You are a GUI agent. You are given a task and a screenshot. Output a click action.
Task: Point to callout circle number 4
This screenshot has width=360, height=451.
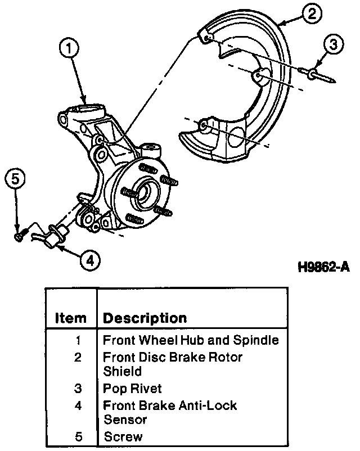point(90,260)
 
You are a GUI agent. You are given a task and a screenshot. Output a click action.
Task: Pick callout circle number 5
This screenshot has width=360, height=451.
point(16,179)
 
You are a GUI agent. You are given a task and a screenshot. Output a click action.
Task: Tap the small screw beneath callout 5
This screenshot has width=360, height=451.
point(19,236)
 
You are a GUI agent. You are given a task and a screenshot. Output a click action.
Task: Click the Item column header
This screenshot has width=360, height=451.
point(71,318)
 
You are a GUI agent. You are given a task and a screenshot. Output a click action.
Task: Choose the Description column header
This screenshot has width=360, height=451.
point(145,318)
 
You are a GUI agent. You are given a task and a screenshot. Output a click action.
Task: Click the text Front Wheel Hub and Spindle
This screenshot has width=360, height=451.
point(191,340)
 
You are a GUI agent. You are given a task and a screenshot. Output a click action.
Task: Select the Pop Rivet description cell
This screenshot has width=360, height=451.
point(132,389)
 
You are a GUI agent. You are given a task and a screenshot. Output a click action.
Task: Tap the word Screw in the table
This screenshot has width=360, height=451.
point(123,436)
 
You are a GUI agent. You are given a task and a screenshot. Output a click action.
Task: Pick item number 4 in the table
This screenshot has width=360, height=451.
point(78,405)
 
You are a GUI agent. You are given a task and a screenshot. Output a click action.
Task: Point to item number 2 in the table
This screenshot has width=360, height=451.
point(78,357)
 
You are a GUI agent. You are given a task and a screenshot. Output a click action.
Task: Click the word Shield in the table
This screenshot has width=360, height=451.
point(122,372)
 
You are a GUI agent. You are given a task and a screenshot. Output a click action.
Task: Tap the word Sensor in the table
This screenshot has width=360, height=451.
point(125,420)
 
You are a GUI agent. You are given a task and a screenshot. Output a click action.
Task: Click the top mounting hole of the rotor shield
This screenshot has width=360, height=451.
point(206,38)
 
